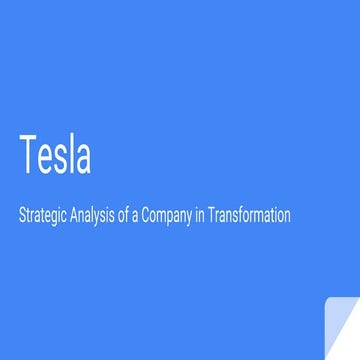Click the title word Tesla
coord(54,155)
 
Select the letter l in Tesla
coord(73,154)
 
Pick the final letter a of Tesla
coord(83,160)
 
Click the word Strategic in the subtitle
coord(43,216)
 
